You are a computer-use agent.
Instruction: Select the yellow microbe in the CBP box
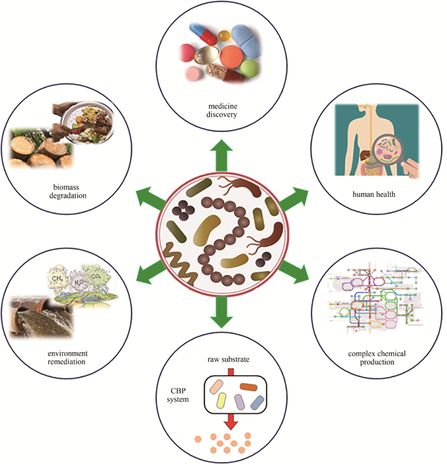point(223,402)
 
